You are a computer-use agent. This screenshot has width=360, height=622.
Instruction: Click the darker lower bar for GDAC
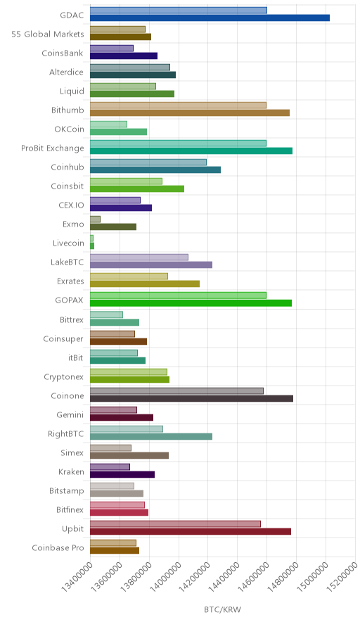[x=210, y=18]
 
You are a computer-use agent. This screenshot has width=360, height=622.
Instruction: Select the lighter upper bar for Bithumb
[x=178, y=105]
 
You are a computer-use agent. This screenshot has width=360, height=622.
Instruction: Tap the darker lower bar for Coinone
[x=191, y=399]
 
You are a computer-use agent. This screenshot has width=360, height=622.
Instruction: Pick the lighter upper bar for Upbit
[x=175, y=524]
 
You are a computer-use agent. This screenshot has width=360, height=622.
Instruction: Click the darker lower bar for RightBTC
[x=151, y=437]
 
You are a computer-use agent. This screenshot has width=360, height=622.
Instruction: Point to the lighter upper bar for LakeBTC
[x=139, y=258]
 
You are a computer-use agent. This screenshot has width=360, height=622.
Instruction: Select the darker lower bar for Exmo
[x=113, y=227]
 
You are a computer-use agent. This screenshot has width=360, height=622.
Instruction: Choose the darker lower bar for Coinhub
[x=155, y=170]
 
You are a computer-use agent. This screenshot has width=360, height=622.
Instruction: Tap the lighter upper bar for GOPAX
[x=178, y=296]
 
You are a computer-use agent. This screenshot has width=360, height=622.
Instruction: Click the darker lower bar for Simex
[x=129, y=455]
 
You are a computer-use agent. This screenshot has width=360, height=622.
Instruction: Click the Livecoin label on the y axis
[x=68, y=243]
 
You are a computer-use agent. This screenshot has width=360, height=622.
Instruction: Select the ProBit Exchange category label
[x=53, y=148]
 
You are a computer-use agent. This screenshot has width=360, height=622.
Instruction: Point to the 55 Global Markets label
[x=48, y=34]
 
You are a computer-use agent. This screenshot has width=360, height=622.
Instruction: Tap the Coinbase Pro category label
[x=58, y=548]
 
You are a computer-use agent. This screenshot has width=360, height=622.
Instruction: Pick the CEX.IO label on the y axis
[x=71, y=205]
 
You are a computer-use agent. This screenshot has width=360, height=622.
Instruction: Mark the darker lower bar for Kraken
[x=122, y=474]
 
